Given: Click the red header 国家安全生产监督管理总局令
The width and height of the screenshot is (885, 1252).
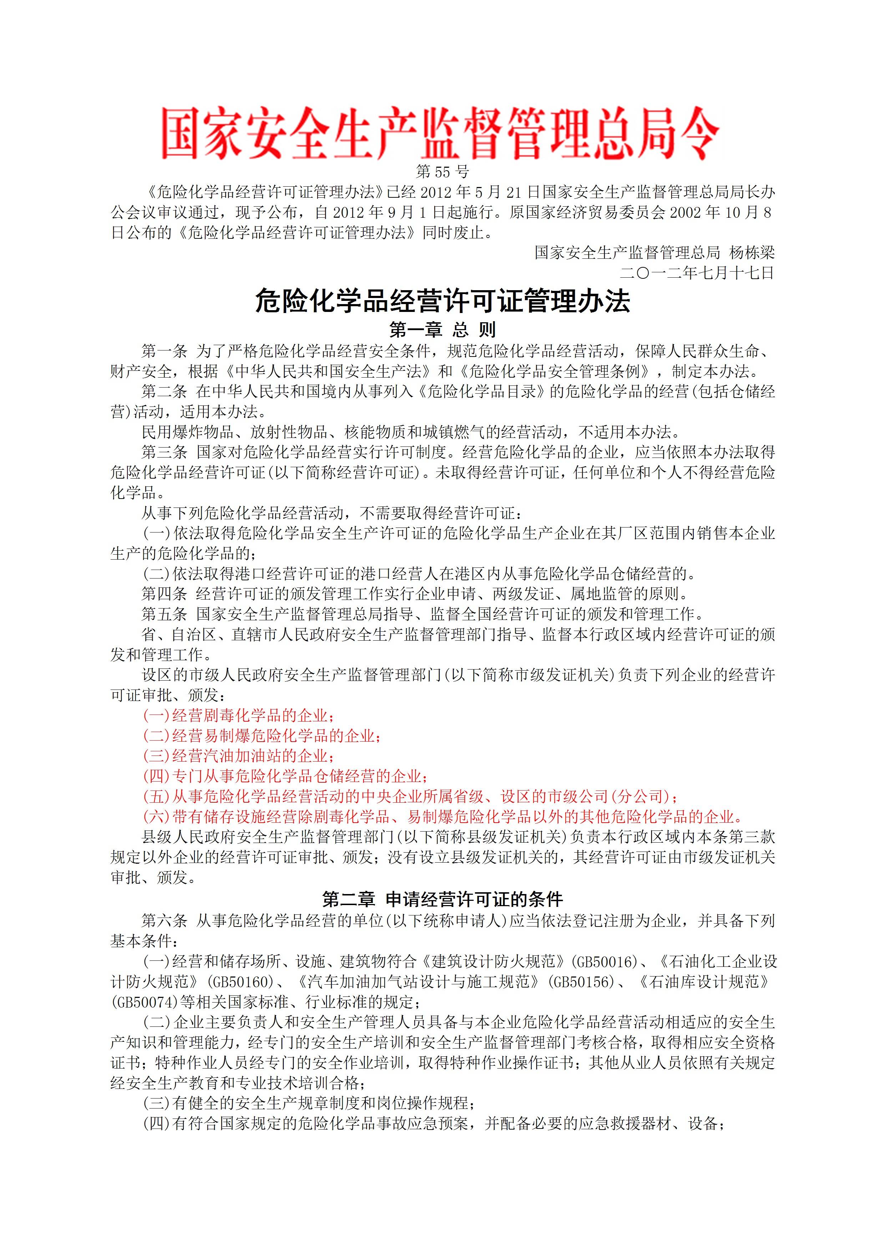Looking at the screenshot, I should pos(441,133).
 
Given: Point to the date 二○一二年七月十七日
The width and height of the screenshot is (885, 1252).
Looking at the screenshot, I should pos(697,273).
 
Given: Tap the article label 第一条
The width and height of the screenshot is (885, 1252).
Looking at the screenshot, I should pos(164,351).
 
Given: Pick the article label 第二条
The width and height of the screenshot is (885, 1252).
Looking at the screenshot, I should pos(164,392).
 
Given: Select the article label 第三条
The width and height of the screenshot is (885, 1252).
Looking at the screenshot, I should pos(164,452).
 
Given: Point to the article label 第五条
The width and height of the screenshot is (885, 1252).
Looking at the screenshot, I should pos(164,614).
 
